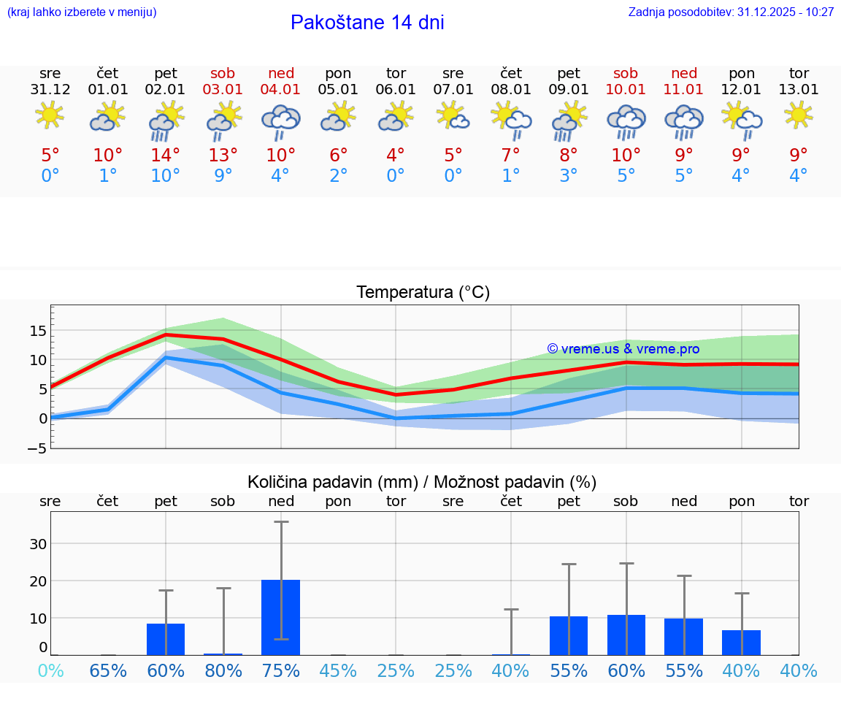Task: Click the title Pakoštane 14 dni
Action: tap(367, 23)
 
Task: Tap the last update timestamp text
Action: tap(731, 12)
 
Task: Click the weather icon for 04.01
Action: tap(281, 120)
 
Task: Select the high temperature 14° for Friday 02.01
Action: tap(166, 155)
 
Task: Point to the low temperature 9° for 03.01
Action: tap(223, 175)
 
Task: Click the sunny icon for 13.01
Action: tap(799, 115)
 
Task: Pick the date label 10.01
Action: tap(626, 90)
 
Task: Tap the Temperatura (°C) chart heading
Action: tap(423, 293)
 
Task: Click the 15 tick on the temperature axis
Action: tap(38, 331)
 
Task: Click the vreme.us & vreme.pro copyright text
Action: tap(623, 349)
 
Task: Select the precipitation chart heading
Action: tap(422, 482)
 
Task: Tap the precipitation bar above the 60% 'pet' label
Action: tap(166, 639)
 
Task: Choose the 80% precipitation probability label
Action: tap(223, 670)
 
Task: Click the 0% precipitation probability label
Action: tap(50, 670)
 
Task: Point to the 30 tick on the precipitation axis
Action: tap(38, 543)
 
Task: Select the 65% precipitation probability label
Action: tap(108, 670)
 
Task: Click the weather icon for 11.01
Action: tap(684, 120)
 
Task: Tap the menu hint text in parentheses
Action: tap(82, 12)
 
